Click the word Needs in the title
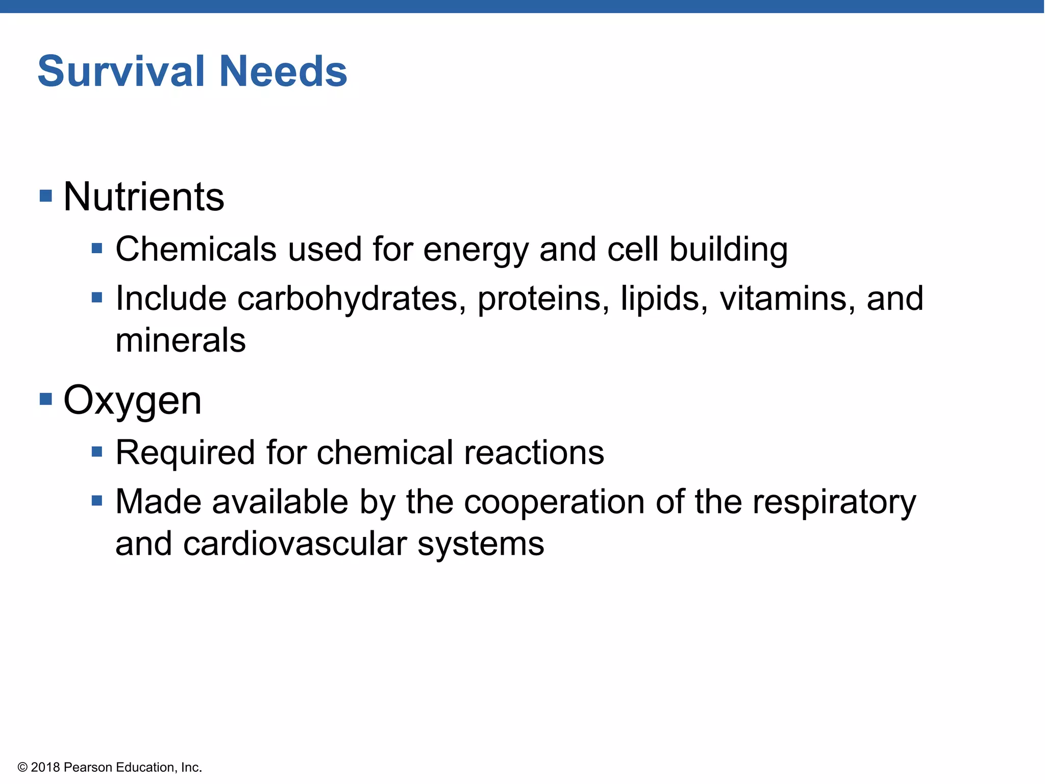pos(283,71)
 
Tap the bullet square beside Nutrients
pos(46,195)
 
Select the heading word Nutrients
pos(144,197)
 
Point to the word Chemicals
pos(196,250)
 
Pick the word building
pos(728,250)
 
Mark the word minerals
pos(181,341)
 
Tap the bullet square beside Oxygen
pos(46,399)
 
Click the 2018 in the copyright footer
pos(45,767)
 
